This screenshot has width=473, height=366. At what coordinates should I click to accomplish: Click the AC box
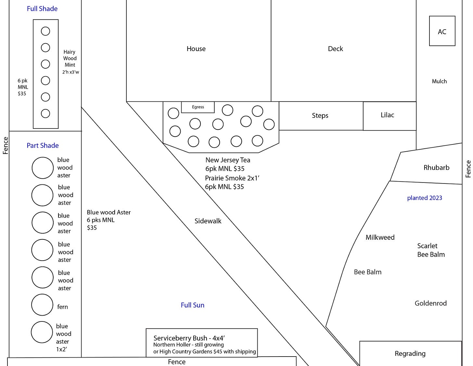(442, 31)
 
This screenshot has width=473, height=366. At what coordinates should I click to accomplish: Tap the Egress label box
(198, 107)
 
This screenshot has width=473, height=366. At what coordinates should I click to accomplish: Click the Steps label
(320, 115)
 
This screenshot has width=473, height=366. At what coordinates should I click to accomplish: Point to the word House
(196, 49)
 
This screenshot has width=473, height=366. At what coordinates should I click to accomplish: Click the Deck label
(335, 49)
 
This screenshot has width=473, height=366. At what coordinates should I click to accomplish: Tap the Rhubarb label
(436, 168)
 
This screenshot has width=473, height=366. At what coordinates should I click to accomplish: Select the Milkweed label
(380, 237)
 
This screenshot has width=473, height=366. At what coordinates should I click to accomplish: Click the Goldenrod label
(430, 303)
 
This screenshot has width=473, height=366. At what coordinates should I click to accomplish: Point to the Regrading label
(410, 353)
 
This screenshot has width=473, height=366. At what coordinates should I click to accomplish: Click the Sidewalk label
(208, 221)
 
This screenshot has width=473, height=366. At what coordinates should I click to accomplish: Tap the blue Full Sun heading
(192, 305)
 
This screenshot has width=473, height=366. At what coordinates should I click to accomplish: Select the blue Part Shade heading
(43, 145)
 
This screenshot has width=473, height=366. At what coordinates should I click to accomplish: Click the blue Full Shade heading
(42, 9)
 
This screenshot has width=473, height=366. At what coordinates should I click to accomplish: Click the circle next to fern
(42, 305)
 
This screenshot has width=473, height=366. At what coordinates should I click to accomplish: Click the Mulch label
(439, 81)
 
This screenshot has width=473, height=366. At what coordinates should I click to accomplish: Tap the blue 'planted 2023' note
(424, 198)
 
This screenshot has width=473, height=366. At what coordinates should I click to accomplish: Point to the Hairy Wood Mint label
(70, 59)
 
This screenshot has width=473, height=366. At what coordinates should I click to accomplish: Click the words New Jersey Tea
(228, 160)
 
